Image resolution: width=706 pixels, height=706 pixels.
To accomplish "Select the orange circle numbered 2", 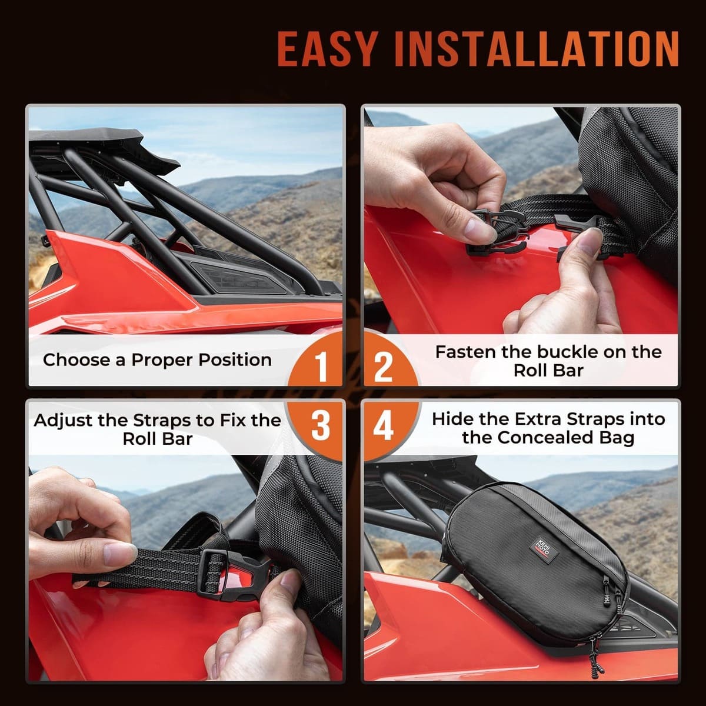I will point(384,365).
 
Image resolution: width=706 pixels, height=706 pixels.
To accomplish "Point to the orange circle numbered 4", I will point(384,425).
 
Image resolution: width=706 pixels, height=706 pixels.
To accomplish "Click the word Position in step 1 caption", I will point(235,360).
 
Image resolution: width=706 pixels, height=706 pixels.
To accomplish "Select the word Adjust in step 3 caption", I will point(64,420).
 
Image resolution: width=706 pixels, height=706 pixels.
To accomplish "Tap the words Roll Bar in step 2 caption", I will point(548,371).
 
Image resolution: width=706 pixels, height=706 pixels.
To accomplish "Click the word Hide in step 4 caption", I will point(452,419).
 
